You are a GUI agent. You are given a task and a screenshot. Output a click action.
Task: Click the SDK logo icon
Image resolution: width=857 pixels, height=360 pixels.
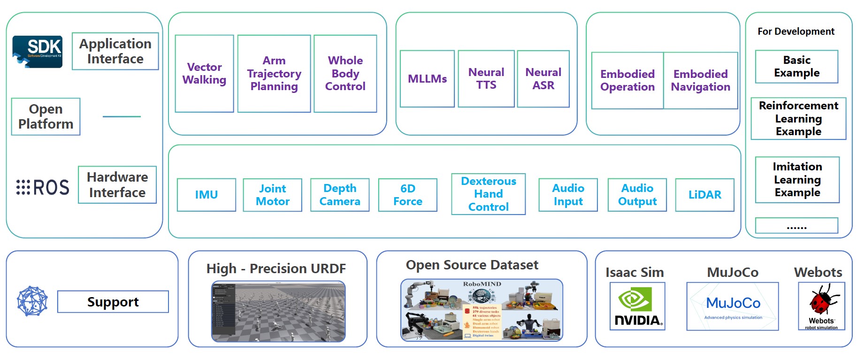tap(38, 52)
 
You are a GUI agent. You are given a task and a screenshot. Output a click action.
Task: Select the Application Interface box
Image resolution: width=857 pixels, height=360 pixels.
tap(115, 51)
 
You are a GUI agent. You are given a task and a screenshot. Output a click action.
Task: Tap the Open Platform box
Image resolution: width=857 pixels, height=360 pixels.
tap(46, 116)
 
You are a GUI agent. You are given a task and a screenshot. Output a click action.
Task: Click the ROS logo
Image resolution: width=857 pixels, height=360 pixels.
tap(43, 187)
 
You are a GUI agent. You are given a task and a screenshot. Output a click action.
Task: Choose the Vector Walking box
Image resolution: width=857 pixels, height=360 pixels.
tap(204, 74)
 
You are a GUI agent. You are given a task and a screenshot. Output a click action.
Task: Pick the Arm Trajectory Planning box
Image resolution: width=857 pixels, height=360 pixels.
tap(274, 74)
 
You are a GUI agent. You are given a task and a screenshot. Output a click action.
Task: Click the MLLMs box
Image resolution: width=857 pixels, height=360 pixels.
tap(427, 79)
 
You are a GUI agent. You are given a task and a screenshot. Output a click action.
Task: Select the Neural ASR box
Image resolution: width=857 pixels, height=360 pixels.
tap(543, 79)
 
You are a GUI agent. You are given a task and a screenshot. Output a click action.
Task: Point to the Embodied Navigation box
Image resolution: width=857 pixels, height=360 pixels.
tap(700, 81)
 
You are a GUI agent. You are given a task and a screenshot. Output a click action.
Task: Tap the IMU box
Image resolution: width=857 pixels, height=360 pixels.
tap(207, 195)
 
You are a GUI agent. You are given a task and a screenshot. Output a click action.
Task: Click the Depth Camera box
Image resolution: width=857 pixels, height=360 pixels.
tap(340, 195)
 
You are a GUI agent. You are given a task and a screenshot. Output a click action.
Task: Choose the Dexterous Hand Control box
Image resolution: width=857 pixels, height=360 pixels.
tap(488, 194)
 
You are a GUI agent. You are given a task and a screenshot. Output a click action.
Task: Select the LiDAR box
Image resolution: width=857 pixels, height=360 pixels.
tap(704, 195)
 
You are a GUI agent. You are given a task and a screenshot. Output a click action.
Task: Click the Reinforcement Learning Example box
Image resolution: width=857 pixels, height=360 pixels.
tap(798, 119)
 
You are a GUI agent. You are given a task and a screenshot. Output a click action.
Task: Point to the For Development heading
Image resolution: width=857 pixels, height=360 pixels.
tap(796, 31)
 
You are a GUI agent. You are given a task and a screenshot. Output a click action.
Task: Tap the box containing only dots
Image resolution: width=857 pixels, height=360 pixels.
tap(796, 226)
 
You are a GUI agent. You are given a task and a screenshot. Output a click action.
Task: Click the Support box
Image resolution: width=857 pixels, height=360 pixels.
tap(113, 302)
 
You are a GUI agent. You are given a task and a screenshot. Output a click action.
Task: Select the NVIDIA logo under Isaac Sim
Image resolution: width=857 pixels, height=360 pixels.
tap(637, 306)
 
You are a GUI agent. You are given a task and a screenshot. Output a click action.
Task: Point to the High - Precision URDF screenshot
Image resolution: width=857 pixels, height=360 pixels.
tap(278, 311)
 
